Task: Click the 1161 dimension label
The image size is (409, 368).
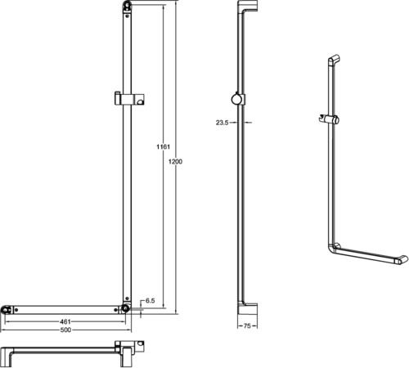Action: coord(163,146)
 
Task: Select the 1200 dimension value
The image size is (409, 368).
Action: coord(175,161)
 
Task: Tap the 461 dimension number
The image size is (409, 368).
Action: coord(65,321)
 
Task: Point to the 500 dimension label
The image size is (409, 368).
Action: coord(65,330)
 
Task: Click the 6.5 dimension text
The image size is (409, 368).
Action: coord(150,301)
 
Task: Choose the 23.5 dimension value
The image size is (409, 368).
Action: coord(222,123)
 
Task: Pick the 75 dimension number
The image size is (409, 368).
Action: coord(247,325)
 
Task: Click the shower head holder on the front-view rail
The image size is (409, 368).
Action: coord(129,98)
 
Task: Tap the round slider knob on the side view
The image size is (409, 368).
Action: coord(236,99)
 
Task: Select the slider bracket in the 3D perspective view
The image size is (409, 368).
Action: coord(329,119)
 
